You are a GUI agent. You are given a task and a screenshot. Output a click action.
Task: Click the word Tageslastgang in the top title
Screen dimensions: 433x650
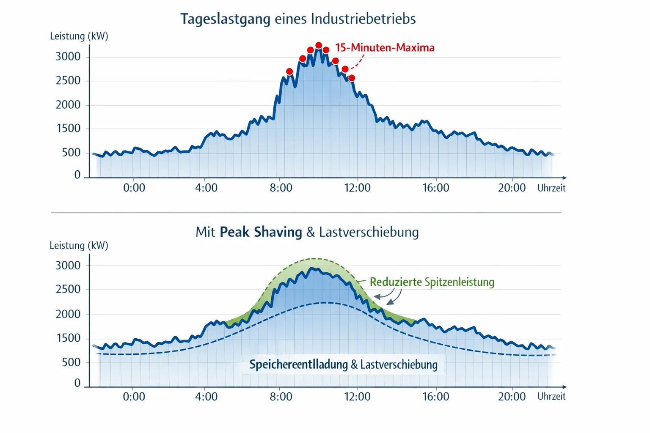tap(225, 19)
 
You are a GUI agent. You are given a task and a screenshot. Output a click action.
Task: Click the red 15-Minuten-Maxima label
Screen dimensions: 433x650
tap(385, 48)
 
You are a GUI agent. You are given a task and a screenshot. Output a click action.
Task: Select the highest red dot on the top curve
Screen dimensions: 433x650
tap(319, 45)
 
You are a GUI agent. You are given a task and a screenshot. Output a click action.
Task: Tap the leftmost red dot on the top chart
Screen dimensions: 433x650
tap(289, 71)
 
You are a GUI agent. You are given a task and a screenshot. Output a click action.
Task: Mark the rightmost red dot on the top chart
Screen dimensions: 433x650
tap(351, 78)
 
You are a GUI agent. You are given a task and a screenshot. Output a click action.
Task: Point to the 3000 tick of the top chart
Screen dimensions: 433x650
tap(68, 57)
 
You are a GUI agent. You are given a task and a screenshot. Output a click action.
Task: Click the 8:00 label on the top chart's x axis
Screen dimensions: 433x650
tap(281, 188)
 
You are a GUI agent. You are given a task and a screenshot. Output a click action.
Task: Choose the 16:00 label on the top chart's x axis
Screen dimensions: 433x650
tap(435, 188)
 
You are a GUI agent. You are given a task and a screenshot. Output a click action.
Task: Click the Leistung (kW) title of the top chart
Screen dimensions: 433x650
tap(79, 36)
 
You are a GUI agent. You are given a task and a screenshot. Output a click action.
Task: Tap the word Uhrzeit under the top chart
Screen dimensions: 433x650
tap(551, 188)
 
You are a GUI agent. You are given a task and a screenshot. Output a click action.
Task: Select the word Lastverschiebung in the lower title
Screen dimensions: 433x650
tap(369, 232)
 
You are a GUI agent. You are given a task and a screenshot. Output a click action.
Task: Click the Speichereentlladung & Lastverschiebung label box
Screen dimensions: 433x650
tap(343, 364)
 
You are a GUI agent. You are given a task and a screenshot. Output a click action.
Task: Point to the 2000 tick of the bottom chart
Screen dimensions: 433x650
tap(68, 314)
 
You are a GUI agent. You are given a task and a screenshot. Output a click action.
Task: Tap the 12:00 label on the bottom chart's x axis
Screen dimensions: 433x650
tap(357, 397)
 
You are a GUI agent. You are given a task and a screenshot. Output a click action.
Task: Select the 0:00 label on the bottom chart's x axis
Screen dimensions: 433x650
tap(134, 397)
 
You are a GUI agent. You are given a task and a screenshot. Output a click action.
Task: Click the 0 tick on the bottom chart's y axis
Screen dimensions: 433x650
tap(77, 383)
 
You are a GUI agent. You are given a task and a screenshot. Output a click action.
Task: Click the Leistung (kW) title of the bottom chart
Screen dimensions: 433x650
tap(79, 246)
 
